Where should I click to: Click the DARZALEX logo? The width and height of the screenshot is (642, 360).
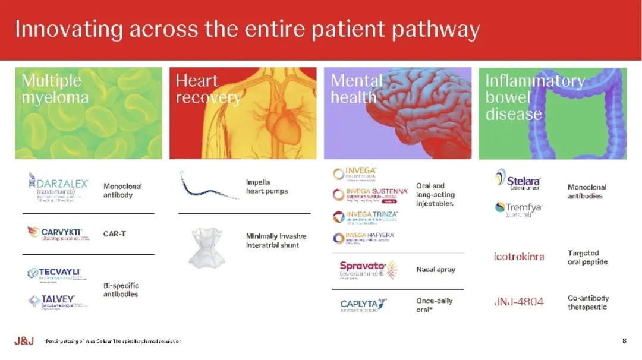pos(58,188)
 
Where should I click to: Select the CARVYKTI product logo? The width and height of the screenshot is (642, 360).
pos(57,233)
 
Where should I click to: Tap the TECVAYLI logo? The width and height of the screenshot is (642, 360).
pos(54,274)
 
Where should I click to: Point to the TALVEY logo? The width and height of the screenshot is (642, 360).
pos(57,301)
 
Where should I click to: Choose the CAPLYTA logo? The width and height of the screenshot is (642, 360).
pos(363,305)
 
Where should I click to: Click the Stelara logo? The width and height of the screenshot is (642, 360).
pos(518,180)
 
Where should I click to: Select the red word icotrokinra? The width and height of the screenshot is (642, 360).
pos(518,257)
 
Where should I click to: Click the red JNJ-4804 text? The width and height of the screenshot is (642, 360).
pos(518,302)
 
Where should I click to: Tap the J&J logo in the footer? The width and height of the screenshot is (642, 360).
pos(24,341)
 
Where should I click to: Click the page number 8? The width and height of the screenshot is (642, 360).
pos(624,341)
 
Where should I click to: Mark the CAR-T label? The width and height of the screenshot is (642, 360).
pos(115,234)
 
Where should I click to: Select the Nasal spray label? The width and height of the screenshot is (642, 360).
pos(435,270)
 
